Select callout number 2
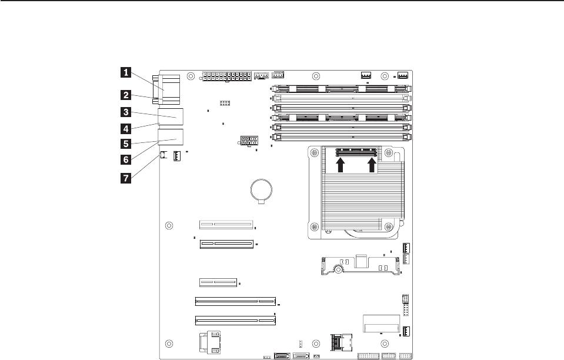[125, 94]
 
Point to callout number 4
[125, 127]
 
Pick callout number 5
[125, 143]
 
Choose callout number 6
[125, 159]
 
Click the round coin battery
[261, 189]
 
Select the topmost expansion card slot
[226, 224]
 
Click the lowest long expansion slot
[235, 321]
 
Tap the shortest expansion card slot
[218, 282]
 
